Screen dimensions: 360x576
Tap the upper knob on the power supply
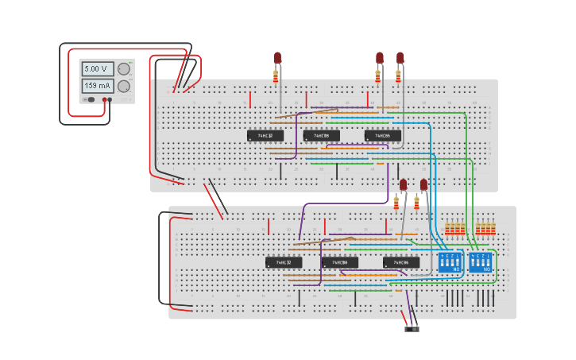coord(124,69)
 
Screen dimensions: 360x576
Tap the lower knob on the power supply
coord(124,87)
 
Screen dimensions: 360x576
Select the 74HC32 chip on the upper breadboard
coord(265,136)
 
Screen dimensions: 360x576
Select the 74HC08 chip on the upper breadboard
coord(321,136)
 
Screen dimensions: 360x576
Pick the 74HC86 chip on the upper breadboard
coord(382,136)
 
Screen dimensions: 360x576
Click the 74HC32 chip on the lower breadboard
coord(284,262)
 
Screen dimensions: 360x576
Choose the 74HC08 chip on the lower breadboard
coord(339,262)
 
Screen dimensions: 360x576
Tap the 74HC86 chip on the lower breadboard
coord(400,262)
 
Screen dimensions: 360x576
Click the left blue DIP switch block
coord(450,261)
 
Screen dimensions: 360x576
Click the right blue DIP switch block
coord(481,261)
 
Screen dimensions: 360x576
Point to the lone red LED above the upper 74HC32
coord(277,58)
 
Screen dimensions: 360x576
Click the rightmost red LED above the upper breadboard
coord(400,58)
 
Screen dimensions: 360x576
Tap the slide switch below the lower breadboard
coord(412,328)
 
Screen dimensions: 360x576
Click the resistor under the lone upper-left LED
coord(276,76)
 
